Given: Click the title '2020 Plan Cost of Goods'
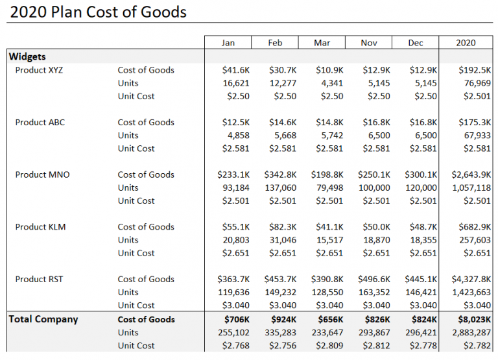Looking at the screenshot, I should tap(99, 12).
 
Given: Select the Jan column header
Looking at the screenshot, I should tap(228, 43).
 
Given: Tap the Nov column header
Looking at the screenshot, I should tap(369, 43).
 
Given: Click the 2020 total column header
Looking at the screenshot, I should tap(465, 43).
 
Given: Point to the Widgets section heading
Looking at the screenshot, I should tap(27, 57).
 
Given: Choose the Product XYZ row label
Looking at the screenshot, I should tap(40, 70).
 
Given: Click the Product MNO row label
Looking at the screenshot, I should tap(42, 174).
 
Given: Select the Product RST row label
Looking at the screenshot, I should tap(40, 279).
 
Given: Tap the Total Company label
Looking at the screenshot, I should tap(43, 319).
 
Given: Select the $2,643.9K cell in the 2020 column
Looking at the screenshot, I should tap(469, 174).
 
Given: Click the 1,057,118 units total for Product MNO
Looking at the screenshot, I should tap(469, 187).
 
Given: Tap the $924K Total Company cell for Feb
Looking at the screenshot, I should tap(283, 319).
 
